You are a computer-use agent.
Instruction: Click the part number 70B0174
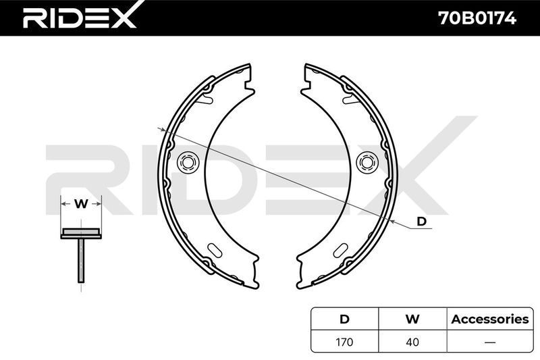click(477, 18)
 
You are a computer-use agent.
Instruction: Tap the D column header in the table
click(344, 319)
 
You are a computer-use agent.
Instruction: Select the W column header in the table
click(412, 319)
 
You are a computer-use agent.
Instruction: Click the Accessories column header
click(490, 319)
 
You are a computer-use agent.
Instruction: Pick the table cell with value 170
click(344, 342)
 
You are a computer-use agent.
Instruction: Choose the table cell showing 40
click(412, 342)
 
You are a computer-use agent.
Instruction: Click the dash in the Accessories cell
click(490, 342)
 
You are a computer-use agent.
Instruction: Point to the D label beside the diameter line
click(421, 221)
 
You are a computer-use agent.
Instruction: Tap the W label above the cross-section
click(81, 204)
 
